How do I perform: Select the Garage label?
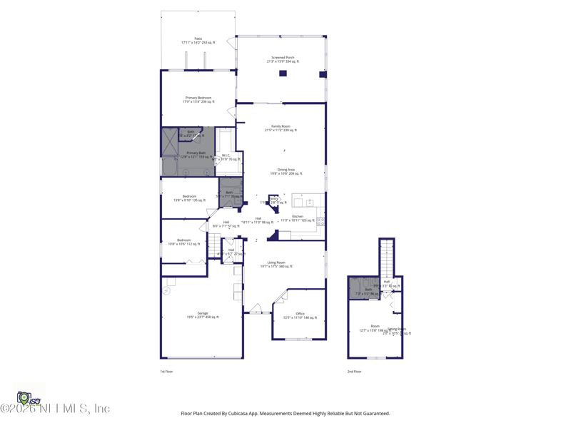(203, 315)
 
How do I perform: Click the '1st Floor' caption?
(166, 372)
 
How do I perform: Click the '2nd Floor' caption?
(354, 372)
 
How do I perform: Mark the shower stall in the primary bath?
(170, 142)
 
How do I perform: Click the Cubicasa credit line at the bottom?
(285, 413)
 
